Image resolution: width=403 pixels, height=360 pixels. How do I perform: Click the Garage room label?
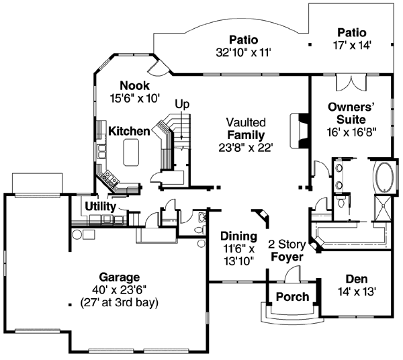click(x=120, y=277)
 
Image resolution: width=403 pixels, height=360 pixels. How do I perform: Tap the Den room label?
click(x=356, y=279)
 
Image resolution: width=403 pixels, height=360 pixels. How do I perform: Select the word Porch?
click(x=293, y=297)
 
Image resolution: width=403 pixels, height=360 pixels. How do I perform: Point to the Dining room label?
click(x=238, y=236)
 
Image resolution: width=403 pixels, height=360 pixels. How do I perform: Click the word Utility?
click(x=100, y=206)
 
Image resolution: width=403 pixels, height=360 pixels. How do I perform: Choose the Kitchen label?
click(x=128, y=131)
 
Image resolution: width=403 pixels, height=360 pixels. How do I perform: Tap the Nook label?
click(x=134, y=86)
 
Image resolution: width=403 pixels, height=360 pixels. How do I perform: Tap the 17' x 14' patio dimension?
click(x=352, y=44)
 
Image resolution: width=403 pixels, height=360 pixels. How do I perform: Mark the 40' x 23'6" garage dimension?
click(x=120, y=289)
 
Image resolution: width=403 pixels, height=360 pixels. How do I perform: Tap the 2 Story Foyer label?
click(x=285, y=251)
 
